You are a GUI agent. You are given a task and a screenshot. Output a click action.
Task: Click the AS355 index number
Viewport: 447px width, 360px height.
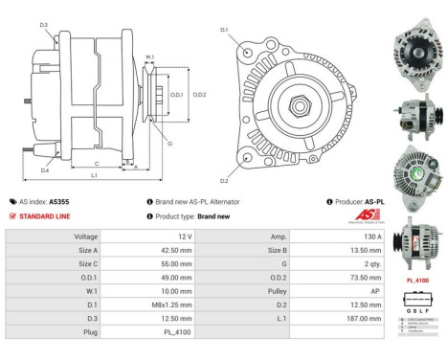click(58, 202)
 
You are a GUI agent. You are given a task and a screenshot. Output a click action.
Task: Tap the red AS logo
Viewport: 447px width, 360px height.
click(365, 216)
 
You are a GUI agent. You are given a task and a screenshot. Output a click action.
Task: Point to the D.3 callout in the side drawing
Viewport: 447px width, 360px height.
click(44, 25)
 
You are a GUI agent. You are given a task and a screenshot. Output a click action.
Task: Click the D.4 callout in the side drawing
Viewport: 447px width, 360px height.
click(44, 170)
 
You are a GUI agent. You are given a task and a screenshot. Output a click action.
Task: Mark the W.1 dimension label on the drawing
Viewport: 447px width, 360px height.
click(149, 57)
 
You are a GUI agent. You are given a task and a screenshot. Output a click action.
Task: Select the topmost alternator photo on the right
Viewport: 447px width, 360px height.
click(415, 48)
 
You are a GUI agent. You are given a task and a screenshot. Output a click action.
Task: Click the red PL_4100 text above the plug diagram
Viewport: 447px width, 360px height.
click(416, 281)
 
